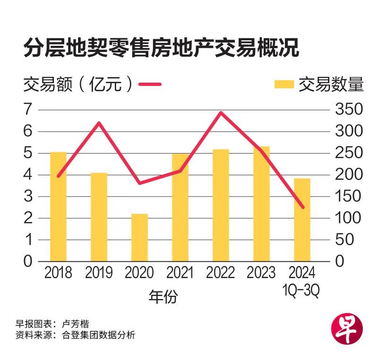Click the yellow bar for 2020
(139, 238)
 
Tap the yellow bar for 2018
(58, 206)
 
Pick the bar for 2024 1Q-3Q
(302, 220)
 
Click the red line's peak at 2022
(221, 112)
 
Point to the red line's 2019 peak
(99, 123)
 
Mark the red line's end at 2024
(302, 207)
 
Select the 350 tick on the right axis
(349, 110)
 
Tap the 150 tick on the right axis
(349, 197)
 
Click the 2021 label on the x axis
(180, 273)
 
